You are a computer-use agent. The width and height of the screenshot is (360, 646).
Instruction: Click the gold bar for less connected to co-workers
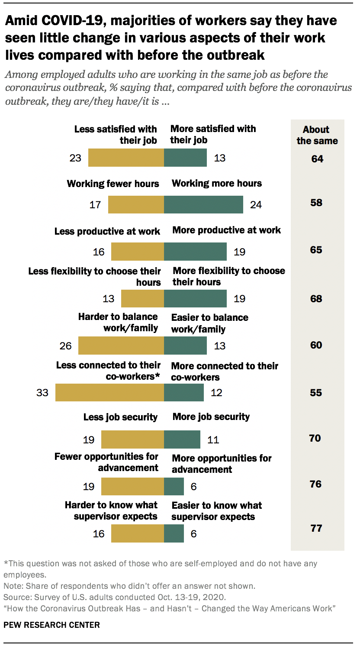tap(109, 392)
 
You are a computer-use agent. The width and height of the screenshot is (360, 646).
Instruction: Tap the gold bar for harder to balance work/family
tap(121, 346)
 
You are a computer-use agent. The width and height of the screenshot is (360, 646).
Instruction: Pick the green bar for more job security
tap(182, 439)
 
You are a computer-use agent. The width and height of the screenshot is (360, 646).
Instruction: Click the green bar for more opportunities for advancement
tap(174, 486)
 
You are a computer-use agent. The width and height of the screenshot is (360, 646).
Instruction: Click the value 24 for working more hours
tap(256, 204)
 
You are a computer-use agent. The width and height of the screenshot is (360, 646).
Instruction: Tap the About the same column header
tap(317, 135)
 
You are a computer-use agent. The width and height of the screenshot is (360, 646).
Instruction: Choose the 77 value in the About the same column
tap(316, 528)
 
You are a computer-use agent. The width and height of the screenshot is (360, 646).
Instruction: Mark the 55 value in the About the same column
tap(316, 393)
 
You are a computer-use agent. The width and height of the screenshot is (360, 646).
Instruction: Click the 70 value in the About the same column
tap(315, 438)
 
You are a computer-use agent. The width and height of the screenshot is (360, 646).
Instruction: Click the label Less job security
tap(120, 417)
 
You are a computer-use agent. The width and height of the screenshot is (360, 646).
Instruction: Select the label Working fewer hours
tap(113, 184)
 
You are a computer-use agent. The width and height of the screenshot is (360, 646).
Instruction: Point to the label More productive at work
tap(227, 230)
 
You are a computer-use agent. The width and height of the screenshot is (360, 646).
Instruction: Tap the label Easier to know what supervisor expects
tap(216, 511)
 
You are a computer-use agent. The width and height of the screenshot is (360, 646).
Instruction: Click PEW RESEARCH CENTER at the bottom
tap(51, 625)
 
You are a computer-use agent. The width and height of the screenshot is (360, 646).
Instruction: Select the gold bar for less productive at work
tap(138, 251)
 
